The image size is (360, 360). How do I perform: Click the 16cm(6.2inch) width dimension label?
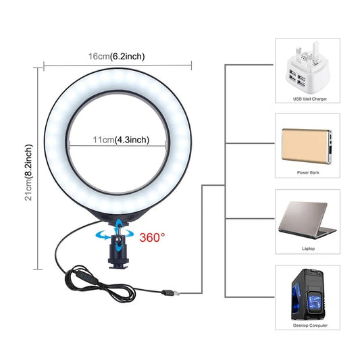117,56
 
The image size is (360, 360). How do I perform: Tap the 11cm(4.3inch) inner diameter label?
121,140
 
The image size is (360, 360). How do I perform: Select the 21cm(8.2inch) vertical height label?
28,172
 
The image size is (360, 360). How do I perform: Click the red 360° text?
152,237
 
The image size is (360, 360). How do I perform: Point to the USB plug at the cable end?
171,292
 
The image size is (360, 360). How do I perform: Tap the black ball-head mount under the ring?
118,252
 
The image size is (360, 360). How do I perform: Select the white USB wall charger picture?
307,68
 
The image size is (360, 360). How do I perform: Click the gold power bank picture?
307,146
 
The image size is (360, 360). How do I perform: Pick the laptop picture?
307,220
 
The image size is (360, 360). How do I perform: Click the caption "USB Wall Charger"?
310,99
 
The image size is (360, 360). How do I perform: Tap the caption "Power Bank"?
308,172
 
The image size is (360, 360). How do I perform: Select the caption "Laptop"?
308,249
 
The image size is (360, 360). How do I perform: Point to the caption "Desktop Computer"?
310,326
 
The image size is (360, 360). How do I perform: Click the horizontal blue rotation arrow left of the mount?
103,236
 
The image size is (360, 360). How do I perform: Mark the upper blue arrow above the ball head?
118,223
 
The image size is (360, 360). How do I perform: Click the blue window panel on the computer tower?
297,297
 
